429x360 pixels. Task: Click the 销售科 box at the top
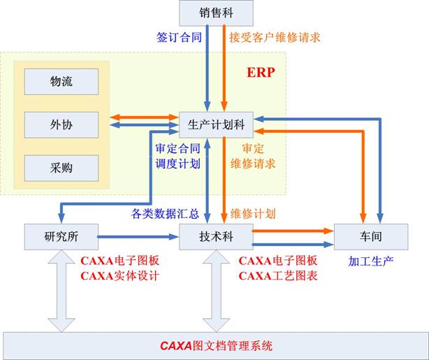pyautogui.click(x=214, y=12)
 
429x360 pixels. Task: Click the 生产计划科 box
pyautogui.click(x=216, y=124)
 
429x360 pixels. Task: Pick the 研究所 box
pyautogui.click(x=61, y=236)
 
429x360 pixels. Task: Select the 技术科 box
pyautogui.click(x=215, y=237)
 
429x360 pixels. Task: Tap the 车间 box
pyautogui.click(x=370, y=236)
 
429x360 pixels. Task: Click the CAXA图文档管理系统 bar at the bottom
pyautogui.click(x=215, y=345)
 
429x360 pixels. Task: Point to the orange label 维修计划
pyautogui.click(x=252, y=213)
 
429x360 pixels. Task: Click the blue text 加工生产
pyautogui.click(x=371, y=261)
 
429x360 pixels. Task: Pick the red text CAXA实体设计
pyautogui.click(x=121, y=275)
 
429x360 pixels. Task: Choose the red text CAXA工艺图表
pyautogui.click(x=278, y=275)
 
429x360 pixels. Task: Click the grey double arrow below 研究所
pyautogui.click(x=61, y=290)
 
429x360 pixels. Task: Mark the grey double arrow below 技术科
pyautogui.click(x=215, y=290)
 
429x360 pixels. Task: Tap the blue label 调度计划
pyautogui.click(x=178, y=164)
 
